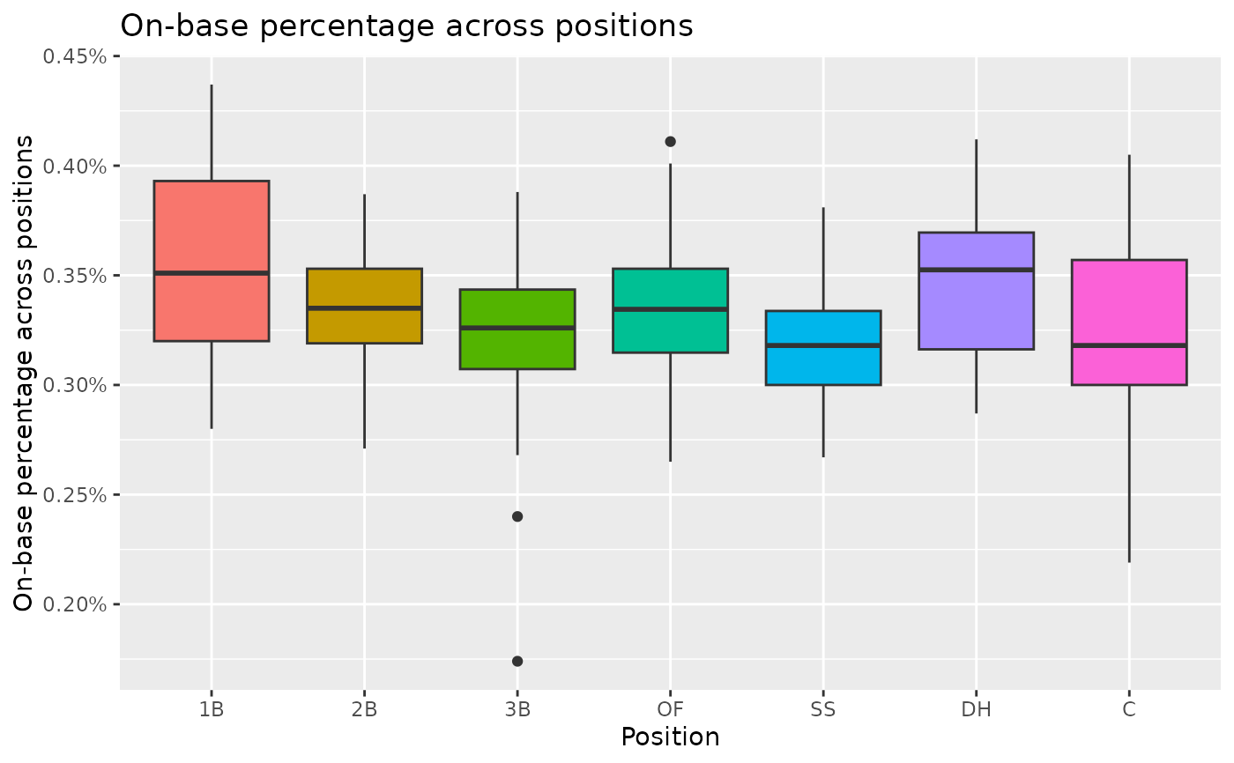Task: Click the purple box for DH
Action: (976, 291)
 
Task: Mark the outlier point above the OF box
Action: (670, 142)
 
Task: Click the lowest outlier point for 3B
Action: (517, 661)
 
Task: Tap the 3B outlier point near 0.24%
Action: (517, 516)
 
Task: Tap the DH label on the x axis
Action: (976, 708)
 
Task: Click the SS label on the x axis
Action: (823, 708)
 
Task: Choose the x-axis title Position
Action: (670, 737)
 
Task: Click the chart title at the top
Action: (406, 26)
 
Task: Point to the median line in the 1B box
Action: (212, 273)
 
